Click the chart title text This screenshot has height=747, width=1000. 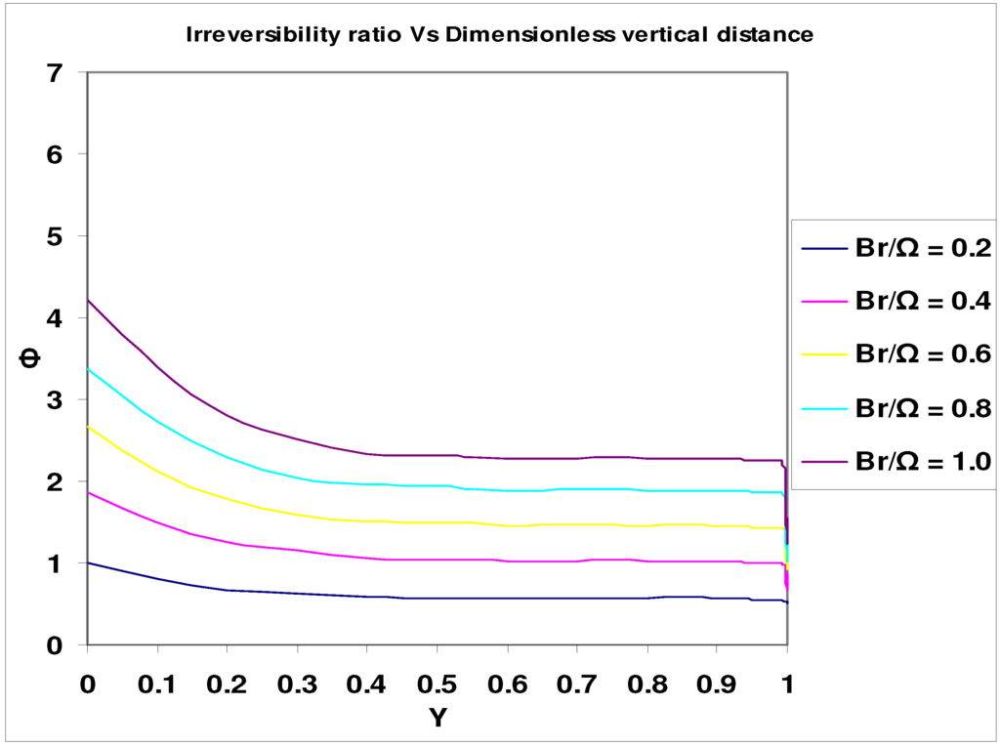click(x=500, y=36)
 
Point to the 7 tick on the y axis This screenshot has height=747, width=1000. click(x=60, y=72)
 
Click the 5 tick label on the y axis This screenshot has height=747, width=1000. click(x=60, y=236)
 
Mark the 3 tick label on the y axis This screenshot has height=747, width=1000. click(x=60, y=399)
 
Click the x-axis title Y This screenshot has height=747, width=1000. click(x=437, y=719)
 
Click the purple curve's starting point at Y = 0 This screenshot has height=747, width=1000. click(x=89, y=301)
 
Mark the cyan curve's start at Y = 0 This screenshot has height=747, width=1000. click(x=89, y=369)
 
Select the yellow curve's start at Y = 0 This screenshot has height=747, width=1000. click(x=89, y=427)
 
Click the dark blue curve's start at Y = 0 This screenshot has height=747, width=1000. click(x=89, y=562)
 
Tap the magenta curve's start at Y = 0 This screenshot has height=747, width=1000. click(x=89, y=493)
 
